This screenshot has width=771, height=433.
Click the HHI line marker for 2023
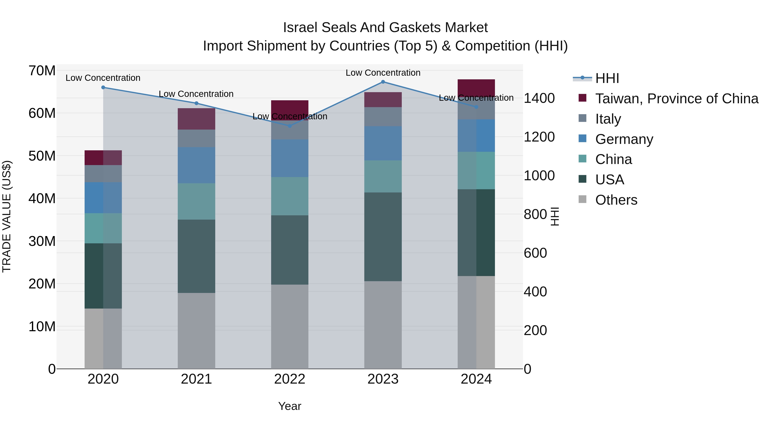[383, 82]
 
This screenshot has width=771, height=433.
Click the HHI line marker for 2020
[103, 87]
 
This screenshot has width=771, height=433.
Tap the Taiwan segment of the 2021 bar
[196, 119]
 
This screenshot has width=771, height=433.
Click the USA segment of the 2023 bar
[383, 237]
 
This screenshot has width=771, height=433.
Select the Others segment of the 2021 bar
[196, 331]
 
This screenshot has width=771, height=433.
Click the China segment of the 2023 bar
[383, 176]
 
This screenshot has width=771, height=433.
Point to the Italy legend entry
[608, 119]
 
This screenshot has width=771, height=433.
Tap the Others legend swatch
[583, 199]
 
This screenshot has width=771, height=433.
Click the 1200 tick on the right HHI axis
[539, 137]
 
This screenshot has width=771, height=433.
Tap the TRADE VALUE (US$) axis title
[7, 216]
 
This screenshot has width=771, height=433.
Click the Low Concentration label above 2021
[196, 94]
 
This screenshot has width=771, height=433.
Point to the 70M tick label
[42, 71]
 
